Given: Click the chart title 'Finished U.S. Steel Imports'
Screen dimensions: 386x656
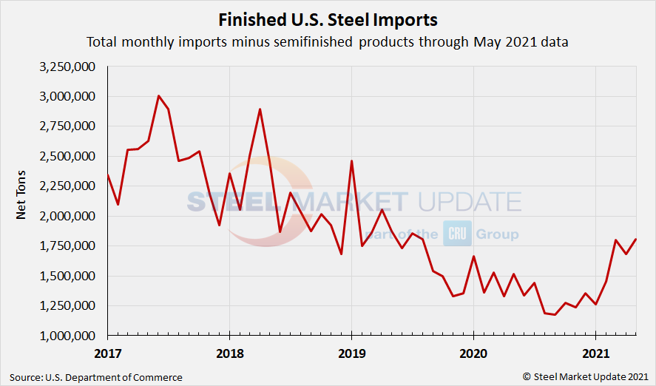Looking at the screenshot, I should coord(328,19).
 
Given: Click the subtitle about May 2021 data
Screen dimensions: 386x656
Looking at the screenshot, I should coord(327,41).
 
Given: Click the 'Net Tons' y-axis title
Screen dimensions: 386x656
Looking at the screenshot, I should coord(21,200).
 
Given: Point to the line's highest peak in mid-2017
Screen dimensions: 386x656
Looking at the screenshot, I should coord(158,95).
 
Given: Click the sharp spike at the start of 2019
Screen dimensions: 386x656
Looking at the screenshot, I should coord(351,160).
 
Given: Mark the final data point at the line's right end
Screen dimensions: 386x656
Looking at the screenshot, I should coord(636,239).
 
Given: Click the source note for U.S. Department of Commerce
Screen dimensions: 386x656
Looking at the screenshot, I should coord(96,377).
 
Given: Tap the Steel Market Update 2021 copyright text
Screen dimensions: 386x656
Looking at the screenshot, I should coord(586,377).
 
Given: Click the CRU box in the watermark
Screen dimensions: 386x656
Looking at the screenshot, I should coord(453,234).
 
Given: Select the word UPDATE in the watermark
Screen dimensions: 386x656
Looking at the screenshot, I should coord(468,202).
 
